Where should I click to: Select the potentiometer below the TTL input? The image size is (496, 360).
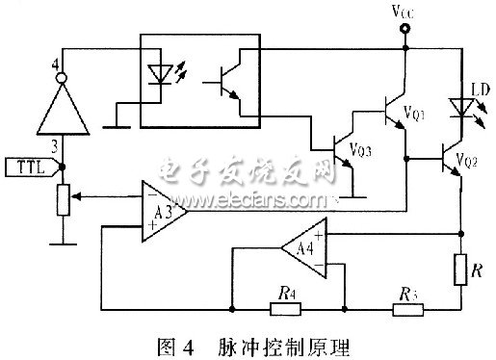(62, 200)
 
